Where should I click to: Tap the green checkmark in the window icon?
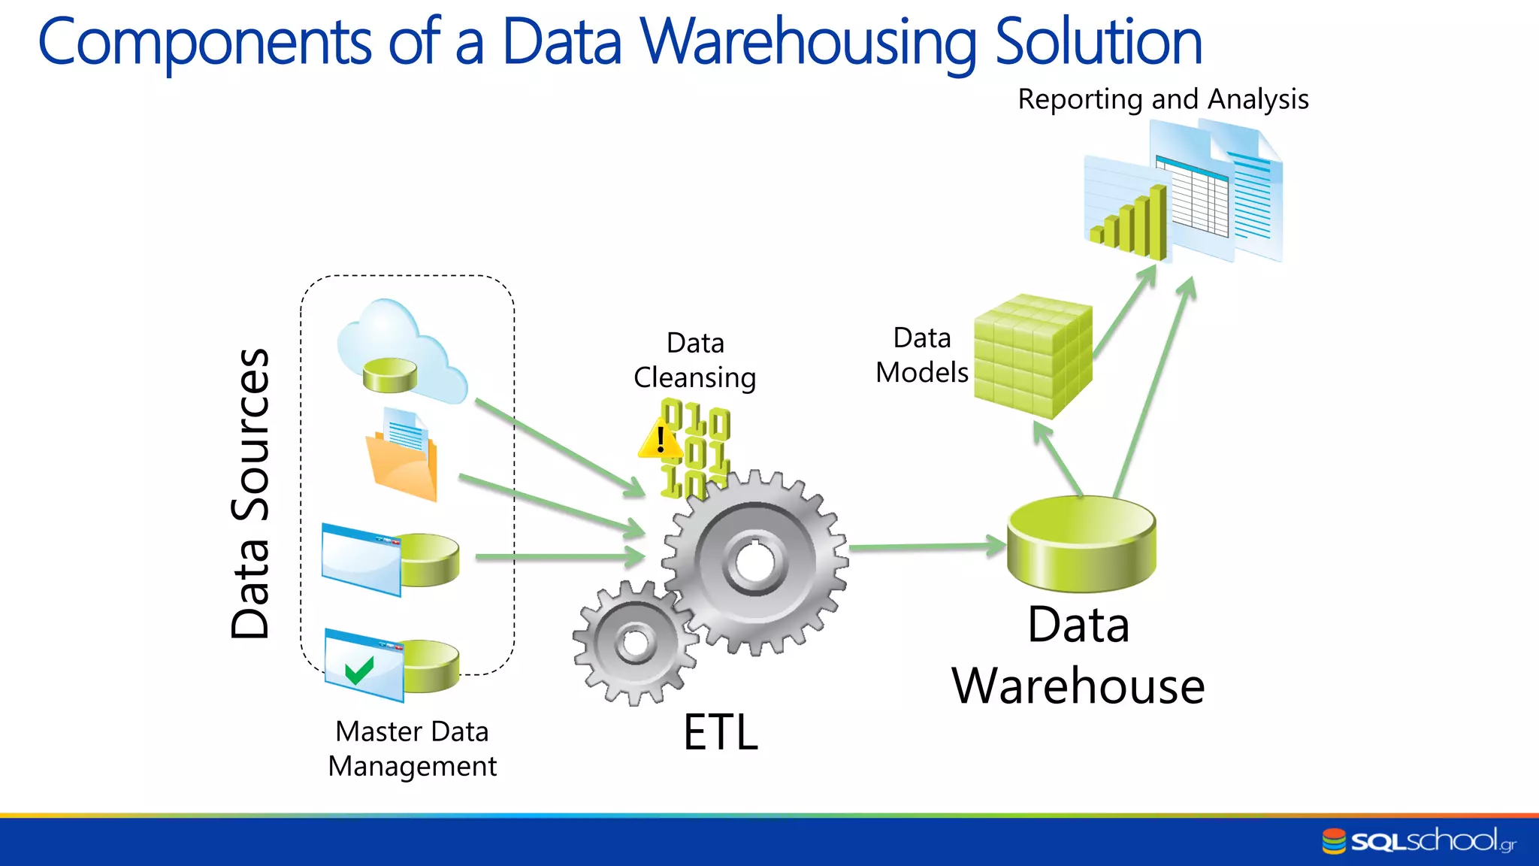pyautogui.click(x=359, y=668)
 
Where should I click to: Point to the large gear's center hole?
pyautogui.click(x=754, y=562)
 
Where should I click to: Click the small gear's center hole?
pyautogui.click(x=636, y=643)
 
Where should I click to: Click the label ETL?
pyautogui.click(x=721, y=732)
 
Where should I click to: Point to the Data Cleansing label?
pyautogui.click(x=695, y=360)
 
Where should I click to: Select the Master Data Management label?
pyautogui.click(x=413, y=749)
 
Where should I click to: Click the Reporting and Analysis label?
pyautogui.click(x=1163, y=99)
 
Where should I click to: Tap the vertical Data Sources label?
pyautogui.click(x=250, y=493)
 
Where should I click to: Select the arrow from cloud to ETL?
pyautogui.click(x=560, y=448)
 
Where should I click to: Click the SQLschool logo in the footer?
pyautogui.click(x=1419, y=840)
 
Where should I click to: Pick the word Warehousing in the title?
pyautogui.click(x=809, y=42)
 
